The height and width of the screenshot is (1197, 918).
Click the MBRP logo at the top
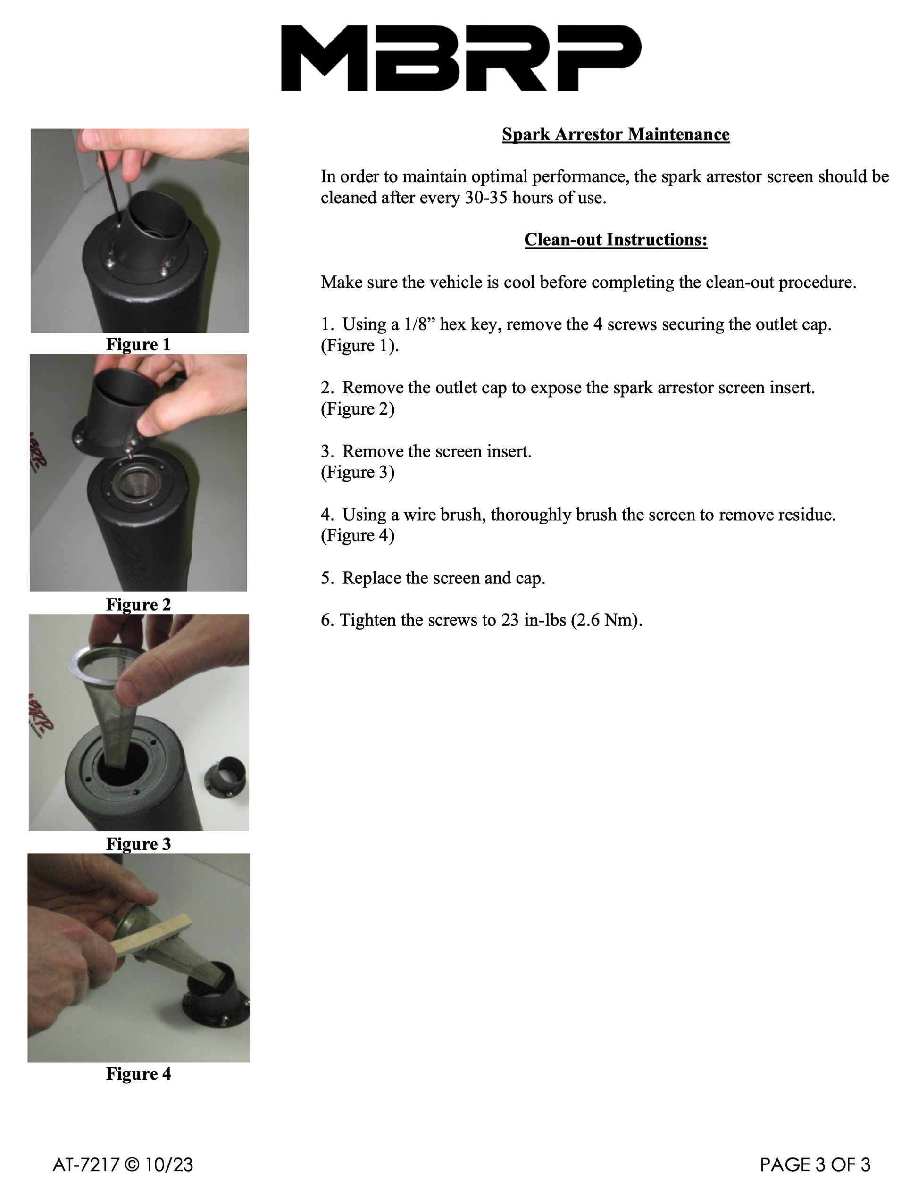(460, 58)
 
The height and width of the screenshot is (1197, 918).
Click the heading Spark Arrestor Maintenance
(615, 134)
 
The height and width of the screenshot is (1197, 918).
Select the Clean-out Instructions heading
(616, 240)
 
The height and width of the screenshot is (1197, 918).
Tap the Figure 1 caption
(138, 345)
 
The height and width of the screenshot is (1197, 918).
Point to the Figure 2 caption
(138, 605)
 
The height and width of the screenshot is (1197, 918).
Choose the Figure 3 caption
(138, 844)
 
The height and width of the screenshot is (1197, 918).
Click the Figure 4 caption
(138, 1073)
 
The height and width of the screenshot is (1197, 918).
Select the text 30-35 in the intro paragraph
(486, 198)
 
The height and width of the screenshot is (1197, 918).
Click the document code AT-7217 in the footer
(86, 1165)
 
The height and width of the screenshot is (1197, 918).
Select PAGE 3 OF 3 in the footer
(815, 1165)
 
